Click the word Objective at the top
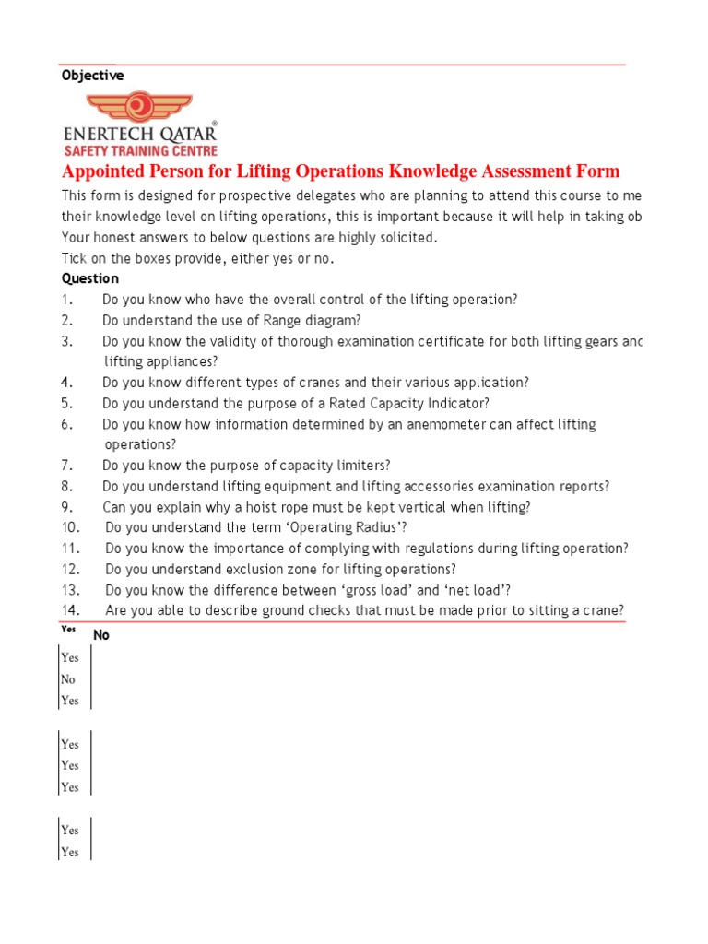point(93,76)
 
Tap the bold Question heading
point(90,278)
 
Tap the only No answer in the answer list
point(68,679)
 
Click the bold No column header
point(101,635)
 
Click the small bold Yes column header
point(68,630)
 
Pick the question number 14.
point(70,610)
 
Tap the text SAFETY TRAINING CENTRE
point(140,150)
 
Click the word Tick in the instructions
point(75,258)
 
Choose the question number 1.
point(66,300)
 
